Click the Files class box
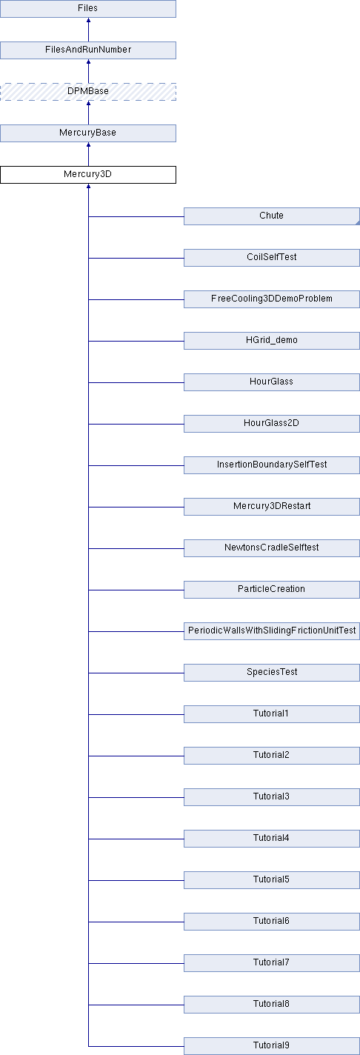pos(88,9)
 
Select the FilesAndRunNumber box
pos(88,50)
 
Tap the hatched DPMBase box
pos(88,92)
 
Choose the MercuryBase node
pos(88,133)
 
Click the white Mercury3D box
pos(88,175)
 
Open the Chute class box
pos(271,216)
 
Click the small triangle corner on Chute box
pos(358,223)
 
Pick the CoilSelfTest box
pos(271,258)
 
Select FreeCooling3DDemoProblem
pos(271,299)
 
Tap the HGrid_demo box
pos(271,341)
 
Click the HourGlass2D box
pos(271,424)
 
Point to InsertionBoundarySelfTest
pos(271,465)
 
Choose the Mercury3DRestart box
pos(271,506)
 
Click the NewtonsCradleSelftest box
pos(271,548)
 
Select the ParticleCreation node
pos(271,589)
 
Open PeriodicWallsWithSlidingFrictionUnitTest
pos(271,630)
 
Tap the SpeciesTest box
pos(271,672)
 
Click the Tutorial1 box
pos(271,713)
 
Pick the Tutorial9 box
pos(271,1045)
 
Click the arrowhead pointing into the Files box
pos(88,21)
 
